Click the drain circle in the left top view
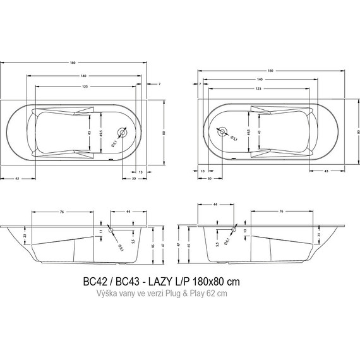click(121, 131)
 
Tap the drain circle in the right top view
click(222, 131)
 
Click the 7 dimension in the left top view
click(160, 84)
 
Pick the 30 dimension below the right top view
click(209, 179)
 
